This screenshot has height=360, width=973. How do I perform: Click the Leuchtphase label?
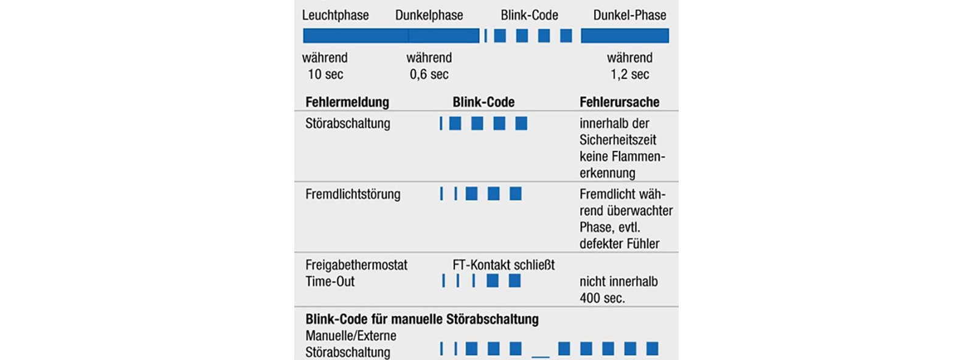click(335, 15)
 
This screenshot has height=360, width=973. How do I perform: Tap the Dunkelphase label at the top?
click(429, 15)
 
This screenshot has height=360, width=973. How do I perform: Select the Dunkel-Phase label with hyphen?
click(630, 15)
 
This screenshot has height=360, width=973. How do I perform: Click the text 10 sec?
click(325, 74)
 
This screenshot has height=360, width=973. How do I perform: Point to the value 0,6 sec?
click(429, 74)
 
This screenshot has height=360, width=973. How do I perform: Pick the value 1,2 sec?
click(630, 74)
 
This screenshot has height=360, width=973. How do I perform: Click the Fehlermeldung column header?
click(347, 102)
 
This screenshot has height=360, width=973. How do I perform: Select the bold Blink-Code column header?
click(483, 102)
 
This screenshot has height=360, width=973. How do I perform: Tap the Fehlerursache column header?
click(620, 102)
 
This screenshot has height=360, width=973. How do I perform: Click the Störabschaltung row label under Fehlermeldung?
click(347, 123)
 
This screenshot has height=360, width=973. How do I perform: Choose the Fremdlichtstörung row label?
click(353, 194)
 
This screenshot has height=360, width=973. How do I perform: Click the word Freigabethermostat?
click(356, 265)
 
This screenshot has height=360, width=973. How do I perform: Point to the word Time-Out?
click(330, 282)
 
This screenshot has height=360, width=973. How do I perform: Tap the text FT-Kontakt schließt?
click(504, 265)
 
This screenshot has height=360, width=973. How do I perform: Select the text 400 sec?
click(602, 298)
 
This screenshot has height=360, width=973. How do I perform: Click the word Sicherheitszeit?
click(618, 140)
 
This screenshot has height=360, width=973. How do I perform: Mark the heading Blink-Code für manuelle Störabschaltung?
click(422, 319)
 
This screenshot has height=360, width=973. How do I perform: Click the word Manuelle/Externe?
click(350, 336)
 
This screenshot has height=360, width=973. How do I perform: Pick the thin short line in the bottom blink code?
click(541, 357)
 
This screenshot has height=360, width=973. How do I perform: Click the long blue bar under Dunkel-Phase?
click(625, 36)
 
